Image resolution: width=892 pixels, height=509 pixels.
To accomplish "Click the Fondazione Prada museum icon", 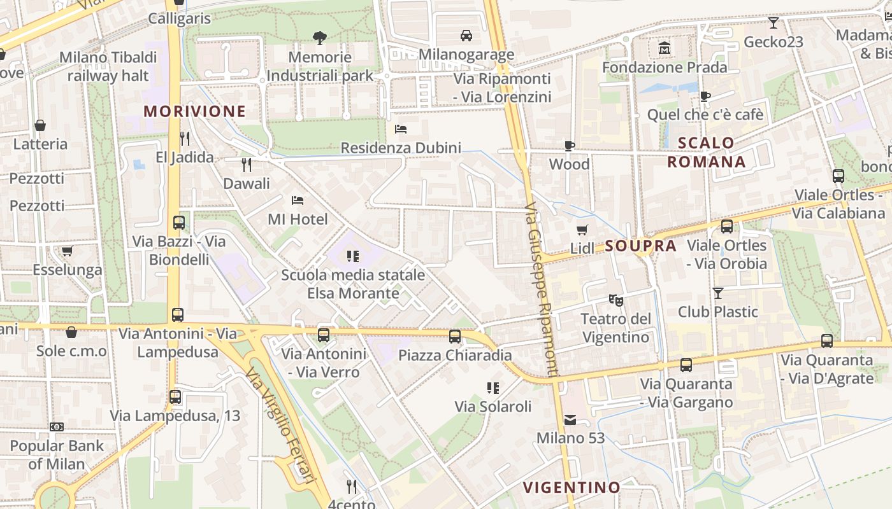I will click(665, 48).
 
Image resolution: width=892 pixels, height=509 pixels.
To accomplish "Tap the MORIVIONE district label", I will click(194, 111).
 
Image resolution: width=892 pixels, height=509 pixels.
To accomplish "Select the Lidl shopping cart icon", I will click(582, 230).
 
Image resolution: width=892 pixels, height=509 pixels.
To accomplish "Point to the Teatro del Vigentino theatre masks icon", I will click(615, 298).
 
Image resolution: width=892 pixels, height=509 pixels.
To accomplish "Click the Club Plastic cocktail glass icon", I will click(718, 293).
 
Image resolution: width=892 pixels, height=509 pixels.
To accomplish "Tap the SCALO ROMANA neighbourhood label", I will click(707, 152).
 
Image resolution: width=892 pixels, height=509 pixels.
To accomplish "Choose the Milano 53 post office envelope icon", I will click(570, 419).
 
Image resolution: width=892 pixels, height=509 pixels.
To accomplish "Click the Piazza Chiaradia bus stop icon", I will click(455, 336).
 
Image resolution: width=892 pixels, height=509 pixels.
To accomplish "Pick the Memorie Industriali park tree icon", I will click(320, 38).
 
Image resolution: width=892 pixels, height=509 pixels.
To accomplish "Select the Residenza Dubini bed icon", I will click(401, 129).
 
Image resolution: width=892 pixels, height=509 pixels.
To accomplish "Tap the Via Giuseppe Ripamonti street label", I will click(542, 289).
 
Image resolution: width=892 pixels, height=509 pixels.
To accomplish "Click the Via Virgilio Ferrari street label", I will click(281, 428).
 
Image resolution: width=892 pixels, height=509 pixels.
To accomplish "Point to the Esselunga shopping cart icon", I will click(68, 251).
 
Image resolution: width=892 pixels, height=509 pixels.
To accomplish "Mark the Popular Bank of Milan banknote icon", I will click(57, 427).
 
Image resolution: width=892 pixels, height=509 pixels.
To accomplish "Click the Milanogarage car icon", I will click(466, 35).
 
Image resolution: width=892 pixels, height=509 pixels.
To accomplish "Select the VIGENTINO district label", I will click(572, 488).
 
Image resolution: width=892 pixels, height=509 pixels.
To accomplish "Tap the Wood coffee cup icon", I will click(569, 146).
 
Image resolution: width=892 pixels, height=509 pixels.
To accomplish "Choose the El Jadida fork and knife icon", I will click(185, 138).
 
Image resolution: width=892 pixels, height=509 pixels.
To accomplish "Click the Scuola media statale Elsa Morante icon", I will click(352, 256).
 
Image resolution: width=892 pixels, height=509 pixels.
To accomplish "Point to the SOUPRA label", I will click(640, 246).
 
